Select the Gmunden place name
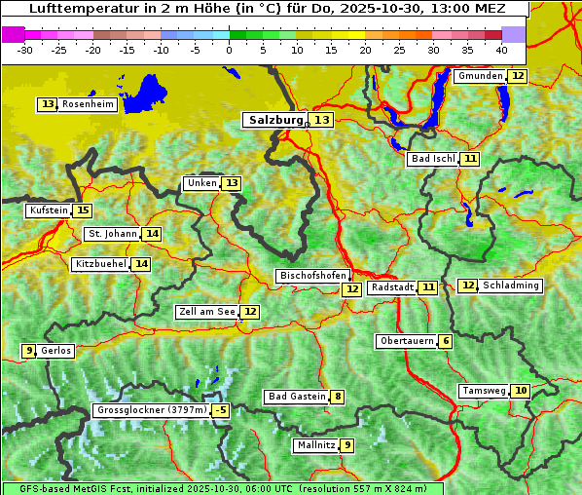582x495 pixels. click(x=480, y=76)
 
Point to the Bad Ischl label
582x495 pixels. click(x=432, y=159)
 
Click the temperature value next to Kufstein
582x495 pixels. click(x=83, y=210)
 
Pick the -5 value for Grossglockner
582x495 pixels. click(x=221, y=411)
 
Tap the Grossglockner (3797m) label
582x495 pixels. click(x=152, y=411)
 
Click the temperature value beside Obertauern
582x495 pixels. click(x=445, y=341)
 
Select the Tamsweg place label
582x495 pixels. click(x=484, y=391)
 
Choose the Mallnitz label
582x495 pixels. click(x=315, y=445)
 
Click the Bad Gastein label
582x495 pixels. click(x=297, y=397)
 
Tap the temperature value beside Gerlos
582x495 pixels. click(x=29, y=351)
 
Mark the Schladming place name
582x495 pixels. click(x=511, y=286)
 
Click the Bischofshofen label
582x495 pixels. click(x=312, y=277)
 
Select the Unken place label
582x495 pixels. click(x=201, y=183)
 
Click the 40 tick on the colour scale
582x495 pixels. click(x=501, y=49)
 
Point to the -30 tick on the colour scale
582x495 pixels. click(x=25, y=49)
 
